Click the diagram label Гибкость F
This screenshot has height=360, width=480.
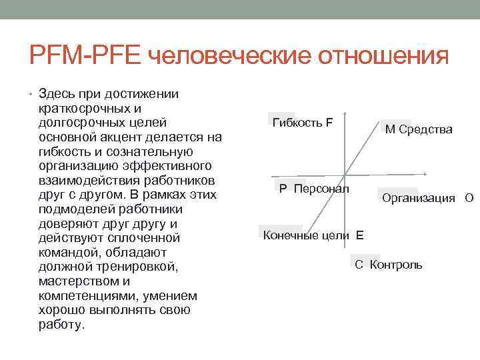tap(302, 123)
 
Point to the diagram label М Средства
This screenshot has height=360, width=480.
tap(418, 129)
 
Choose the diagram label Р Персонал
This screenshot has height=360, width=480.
tap(314, 189)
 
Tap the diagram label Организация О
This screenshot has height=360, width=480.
tap(427, 198)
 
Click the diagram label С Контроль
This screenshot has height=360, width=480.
tap(388, 265)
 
